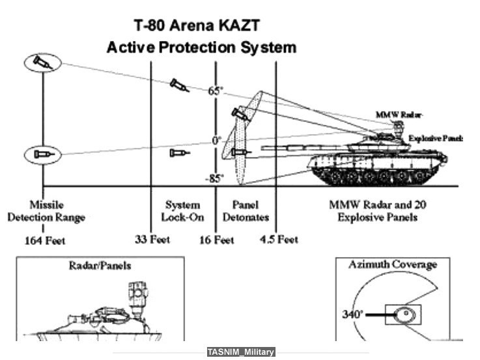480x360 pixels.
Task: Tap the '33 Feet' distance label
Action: click(x=152, y=239)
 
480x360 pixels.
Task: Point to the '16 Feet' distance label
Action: click(x=216, y=240)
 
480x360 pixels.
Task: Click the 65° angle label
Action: click(x=216, y=91)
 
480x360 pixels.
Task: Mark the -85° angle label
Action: click(x=214, y=178)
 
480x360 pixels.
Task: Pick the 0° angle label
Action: click(x=216, y=140)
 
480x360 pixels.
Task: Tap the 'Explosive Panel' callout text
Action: click(x=435, y=139)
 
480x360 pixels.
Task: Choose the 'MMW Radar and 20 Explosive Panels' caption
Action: click(x=377, y=211)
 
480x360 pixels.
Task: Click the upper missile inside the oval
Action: click(x=42, y=62)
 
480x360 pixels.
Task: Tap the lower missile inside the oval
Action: click(x=42, y=154)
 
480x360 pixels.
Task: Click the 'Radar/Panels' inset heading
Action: click(x=100, y=266)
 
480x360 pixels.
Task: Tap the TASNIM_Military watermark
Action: click(x=241, y=352)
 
